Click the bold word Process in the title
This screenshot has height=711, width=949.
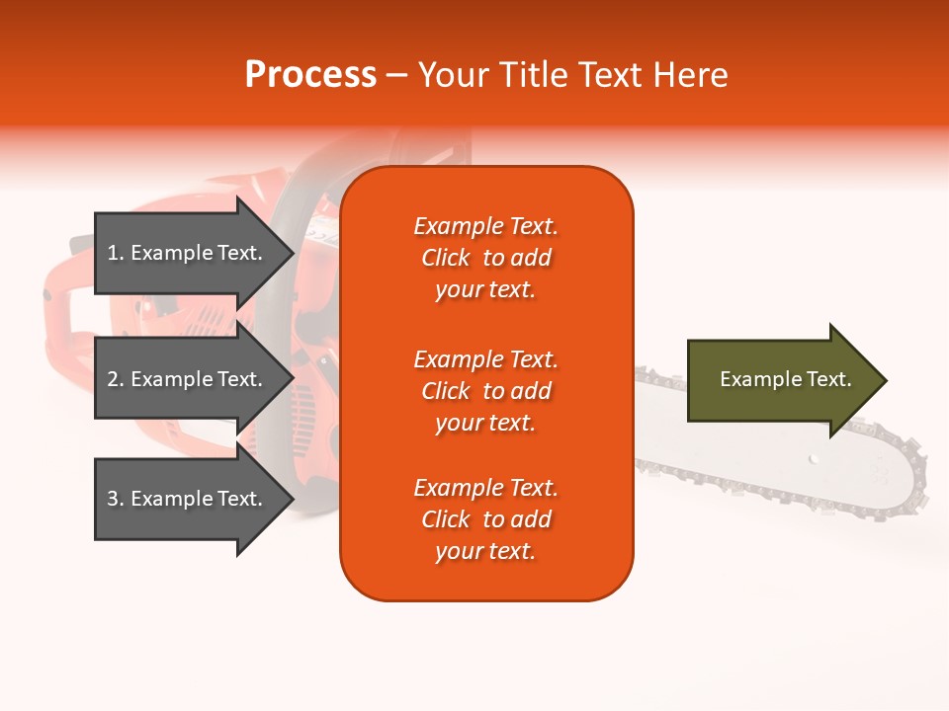coord(310,75)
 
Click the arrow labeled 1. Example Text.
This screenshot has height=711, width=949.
coord(188,253)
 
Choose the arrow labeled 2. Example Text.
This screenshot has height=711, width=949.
coord(188,379)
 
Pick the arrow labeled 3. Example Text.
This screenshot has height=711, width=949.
coord(188,499)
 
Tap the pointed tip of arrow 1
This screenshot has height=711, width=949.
coord(292,253)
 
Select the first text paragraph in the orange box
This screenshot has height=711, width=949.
coord(485,258)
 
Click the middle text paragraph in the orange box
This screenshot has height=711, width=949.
coord(485,391)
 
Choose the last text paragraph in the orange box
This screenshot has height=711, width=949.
coord(485,519)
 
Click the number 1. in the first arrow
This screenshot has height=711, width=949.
coord(116,253)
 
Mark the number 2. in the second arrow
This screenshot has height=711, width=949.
coord(116,379)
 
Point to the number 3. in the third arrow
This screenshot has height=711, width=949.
coord(116,499)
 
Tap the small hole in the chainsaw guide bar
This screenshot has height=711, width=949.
coord(813,458)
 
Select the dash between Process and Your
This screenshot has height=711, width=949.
coord(396,75)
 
